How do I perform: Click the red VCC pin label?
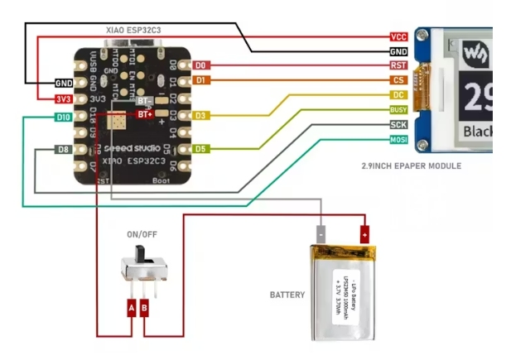point(398,37)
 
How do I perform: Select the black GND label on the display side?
point(398,51)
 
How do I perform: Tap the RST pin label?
point(398,65)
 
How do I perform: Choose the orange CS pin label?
point(398,80)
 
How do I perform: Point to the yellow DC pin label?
point(398,95)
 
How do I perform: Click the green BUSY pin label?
point(398,109)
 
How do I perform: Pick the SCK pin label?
point(398,124)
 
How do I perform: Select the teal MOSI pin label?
point(398,139)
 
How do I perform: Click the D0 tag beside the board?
point(200,65)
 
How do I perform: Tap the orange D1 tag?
point(200,80)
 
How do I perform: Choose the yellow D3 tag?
point(200,115)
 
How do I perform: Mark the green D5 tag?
point(200,149)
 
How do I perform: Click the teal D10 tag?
point(63,118)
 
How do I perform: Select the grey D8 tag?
point(63,149)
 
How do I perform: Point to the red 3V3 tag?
point(63,99)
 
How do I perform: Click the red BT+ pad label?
point(144,113)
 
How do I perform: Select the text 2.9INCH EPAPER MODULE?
point(411,166)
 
